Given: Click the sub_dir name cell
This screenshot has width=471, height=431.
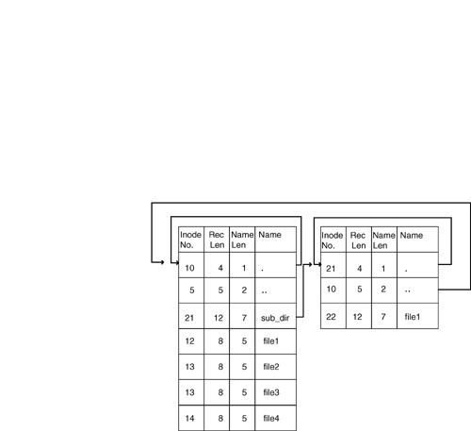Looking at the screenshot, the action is coord(275,318).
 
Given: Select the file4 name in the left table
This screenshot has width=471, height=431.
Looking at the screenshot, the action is coord(271,418).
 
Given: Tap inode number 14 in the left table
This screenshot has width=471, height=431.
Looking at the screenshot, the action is coord(189,418).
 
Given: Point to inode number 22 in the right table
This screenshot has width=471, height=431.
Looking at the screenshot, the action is coord(331,317).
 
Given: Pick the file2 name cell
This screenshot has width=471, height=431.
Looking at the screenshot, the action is coord(271,367).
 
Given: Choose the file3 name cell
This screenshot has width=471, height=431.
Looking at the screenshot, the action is coord(271,392).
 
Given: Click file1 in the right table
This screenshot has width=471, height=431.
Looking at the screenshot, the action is coord(413,317).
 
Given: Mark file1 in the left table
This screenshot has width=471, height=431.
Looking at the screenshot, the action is coord(271,341).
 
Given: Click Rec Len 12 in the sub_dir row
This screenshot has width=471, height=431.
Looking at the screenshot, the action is coord(219,318).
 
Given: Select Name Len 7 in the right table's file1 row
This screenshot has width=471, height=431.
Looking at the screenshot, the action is coord(383,317).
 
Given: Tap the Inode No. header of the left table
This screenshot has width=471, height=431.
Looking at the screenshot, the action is coord(190,240).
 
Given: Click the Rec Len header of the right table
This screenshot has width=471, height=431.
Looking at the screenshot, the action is coord(358,240).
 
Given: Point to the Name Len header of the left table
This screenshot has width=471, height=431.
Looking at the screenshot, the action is coord(242,240).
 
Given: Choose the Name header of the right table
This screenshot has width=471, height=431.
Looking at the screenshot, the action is coord(412,235).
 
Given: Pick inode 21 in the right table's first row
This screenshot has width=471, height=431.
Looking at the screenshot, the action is coord(331,269).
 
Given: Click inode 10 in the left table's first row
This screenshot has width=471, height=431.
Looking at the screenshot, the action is coord(189,268).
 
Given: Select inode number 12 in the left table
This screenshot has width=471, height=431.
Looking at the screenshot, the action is coord(189,341).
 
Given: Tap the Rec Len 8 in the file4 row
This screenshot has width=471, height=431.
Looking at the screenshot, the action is coord(220,418).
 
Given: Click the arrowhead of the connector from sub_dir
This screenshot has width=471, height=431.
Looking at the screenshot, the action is coord(311,264).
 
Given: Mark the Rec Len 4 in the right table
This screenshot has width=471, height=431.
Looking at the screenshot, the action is coord(360,269).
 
